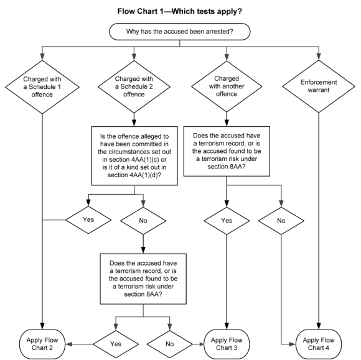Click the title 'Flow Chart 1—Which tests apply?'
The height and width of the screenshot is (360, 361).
pos(180,11)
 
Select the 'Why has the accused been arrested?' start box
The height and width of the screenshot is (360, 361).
pos(180,32)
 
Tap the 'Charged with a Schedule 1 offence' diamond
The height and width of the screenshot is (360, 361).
pos(42,87)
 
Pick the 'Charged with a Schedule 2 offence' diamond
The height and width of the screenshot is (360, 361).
pos(134,86)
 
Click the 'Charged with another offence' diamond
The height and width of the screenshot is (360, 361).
pos(227,86)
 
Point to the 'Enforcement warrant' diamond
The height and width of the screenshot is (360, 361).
pos(319,86)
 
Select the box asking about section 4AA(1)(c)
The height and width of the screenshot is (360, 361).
pos(134,155)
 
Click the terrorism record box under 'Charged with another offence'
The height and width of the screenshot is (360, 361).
pos(227,151)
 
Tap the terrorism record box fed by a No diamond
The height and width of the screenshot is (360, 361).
pos(143,279)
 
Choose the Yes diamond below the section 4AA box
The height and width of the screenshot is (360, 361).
pos(88,220)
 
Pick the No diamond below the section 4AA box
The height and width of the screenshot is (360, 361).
pos(143,221)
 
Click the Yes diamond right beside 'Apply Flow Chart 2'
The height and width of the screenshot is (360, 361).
pos(116,344)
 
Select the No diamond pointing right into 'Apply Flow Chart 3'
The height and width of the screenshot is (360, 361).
pos(170,344)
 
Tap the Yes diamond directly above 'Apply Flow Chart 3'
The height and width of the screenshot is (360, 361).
pos(227,221)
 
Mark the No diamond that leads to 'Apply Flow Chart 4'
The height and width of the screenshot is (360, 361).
pos(281,221)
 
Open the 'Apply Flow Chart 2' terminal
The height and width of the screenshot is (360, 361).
pos(42,344)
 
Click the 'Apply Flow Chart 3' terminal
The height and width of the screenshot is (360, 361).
pos(227,344)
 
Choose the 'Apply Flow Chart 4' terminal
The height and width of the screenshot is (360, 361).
pos(319,344)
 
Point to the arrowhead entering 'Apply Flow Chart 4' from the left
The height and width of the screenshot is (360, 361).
pos(293,344)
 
